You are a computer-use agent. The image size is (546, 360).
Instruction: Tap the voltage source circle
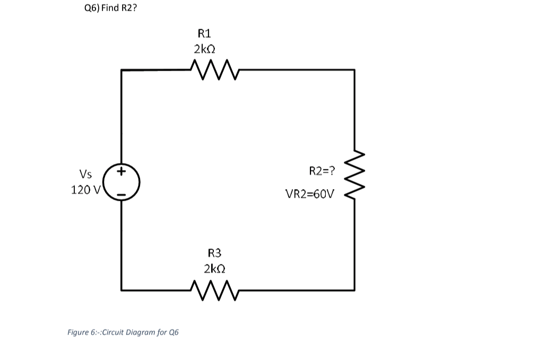[122, 183]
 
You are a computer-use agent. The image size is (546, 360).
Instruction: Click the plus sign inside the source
[122, 172]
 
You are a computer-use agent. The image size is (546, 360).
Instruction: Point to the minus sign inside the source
[122, 196]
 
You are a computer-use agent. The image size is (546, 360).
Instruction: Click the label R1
[204, 33]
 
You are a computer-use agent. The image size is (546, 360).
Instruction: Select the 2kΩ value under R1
[204, 49]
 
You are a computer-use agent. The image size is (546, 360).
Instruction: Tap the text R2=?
[322, 171]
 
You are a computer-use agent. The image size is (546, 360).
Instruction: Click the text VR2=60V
[310, 194]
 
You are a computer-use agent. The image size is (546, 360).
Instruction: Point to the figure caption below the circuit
[123, 332]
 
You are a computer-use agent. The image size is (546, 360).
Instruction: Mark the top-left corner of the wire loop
[122, 70]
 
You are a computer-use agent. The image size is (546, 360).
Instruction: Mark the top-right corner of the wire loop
[354, 70]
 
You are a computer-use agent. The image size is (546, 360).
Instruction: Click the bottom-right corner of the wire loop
[354, 290]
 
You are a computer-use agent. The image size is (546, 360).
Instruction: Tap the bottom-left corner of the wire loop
[122, 290]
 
